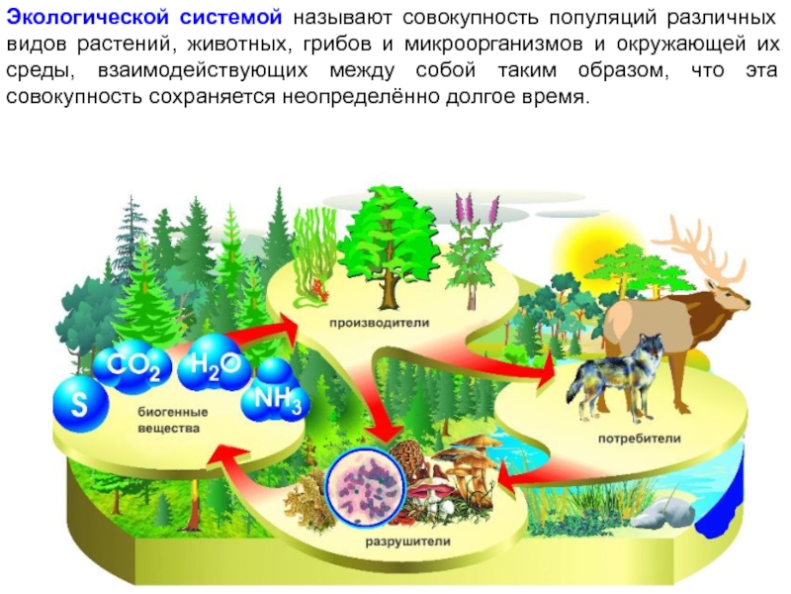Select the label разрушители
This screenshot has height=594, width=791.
pos(409,542)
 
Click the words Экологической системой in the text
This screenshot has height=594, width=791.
pos(147,19)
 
